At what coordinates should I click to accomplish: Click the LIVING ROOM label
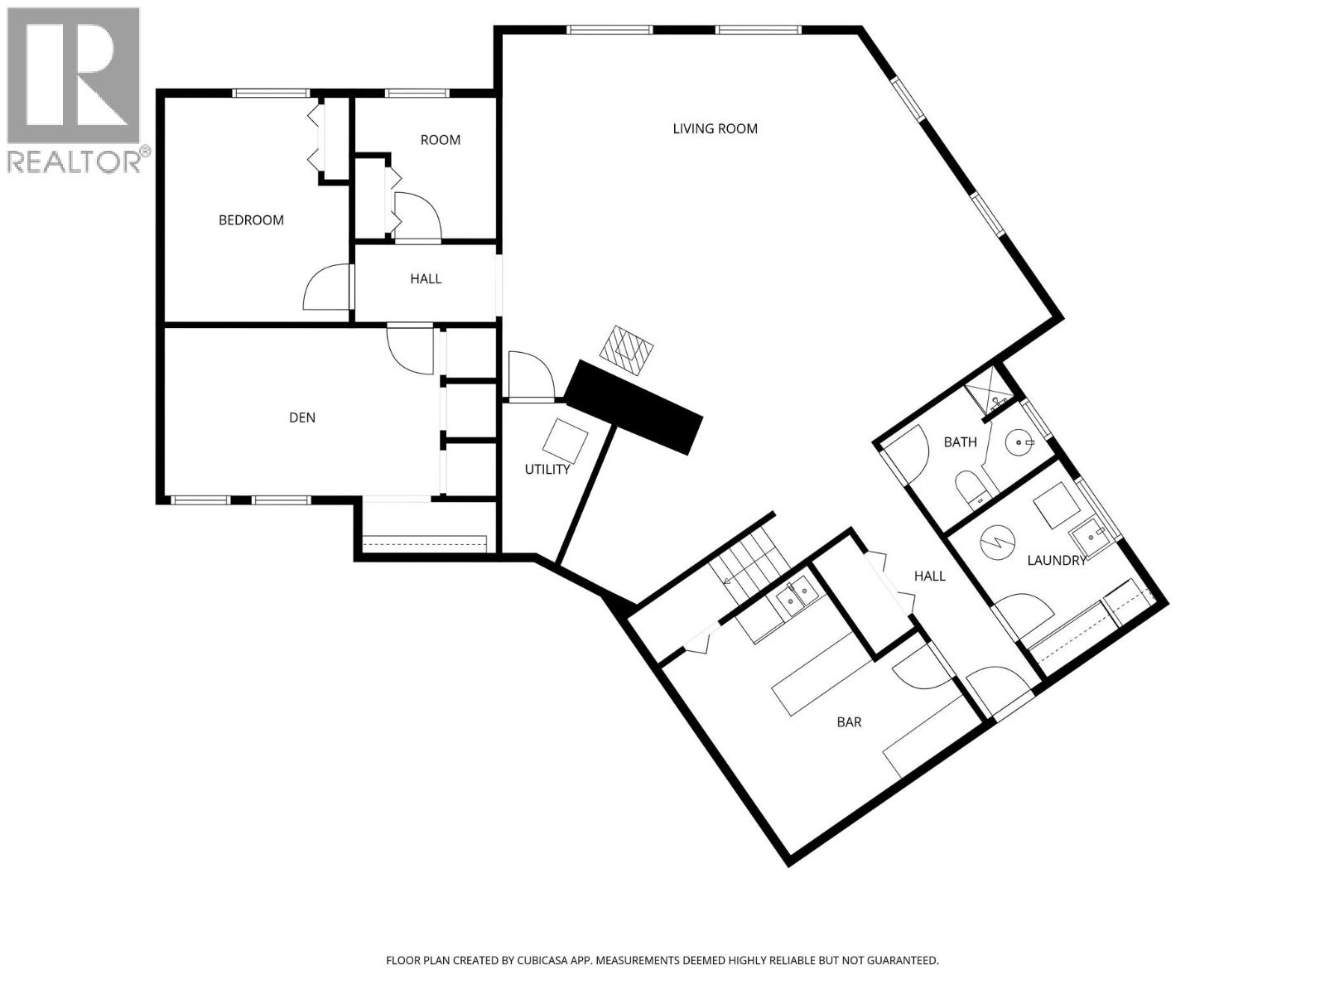point(715,128)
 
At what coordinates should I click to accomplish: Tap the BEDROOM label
point(251,220)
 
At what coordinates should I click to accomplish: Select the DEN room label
point(302,417)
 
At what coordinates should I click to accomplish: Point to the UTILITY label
point(547,470)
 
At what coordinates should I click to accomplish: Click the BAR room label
point(849,722)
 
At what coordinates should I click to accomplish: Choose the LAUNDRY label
point(1056,561)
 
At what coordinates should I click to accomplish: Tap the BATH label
point(960,442)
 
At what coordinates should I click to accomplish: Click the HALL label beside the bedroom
point(426,279)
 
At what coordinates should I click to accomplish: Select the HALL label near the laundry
point(929,576)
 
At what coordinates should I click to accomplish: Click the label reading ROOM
point(440,140)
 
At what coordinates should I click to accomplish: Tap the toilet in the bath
point(969,489)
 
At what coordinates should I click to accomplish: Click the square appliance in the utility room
point(567,440)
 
